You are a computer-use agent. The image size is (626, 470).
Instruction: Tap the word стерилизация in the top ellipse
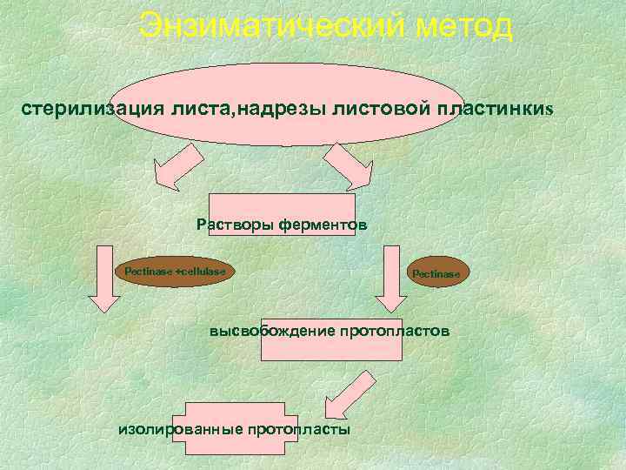(79, 111)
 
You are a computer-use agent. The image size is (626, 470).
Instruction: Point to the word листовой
(375, 111)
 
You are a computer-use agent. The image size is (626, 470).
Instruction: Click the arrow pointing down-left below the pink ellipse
(179, 166)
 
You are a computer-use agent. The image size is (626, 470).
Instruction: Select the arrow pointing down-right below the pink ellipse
(349, 166)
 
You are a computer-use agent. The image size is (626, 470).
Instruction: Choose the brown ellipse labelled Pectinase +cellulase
(175, 272)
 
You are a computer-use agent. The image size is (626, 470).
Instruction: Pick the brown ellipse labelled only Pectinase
(440, 273)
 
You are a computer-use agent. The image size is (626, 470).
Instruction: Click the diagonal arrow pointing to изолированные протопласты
(347, 396)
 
